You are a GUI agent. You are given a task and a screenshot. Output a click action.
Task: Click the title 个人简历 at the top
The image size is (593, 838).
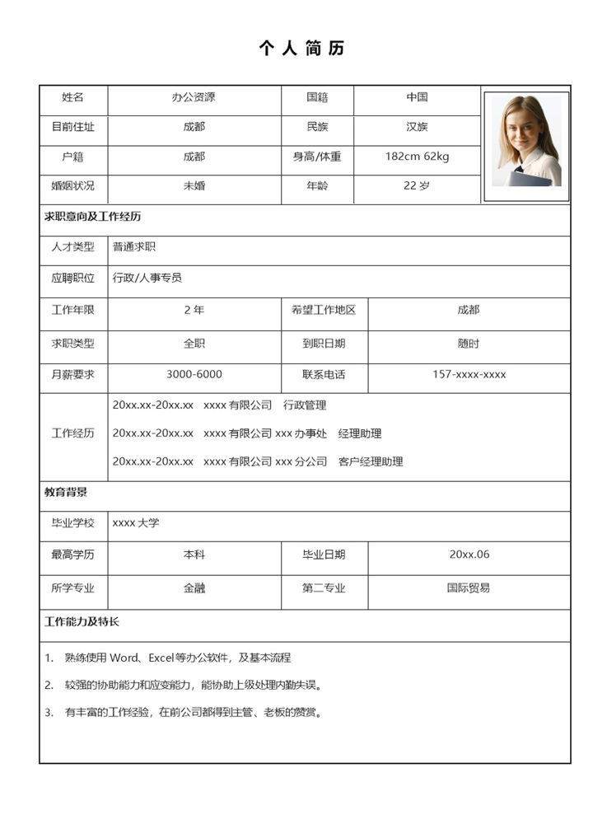click(x=301, y=48)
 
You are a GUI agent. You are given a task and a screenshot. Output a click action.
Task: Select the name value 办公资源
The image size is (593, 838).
click(x=194, y=97)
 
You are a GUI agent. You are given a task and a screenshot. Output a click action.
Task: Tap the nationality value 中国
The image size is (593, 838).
click(x=417, y=97)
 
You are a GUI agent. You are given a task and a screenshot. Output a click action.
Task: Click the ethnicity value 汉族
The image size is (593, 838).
click(x=417, y=127)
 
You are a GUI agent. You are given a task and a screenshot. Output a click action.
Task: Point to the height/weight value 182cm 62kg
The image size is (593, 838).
click(x=417, y=157)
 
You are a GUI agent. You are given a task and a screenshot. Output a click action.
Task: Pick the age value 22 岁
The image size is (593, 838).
click(x=417, y=185)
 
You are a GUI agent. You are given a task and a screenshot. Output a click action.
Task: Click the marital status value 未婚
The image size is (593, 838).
click(x=194, y=185)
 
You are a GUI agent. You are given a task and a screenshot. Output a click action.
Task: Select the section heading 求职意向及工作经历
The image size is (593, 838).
click(x=92, y=217)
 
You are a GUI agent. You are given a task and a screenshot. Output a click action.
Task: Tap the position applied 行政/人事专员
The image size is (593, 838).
click(x=147, y=278)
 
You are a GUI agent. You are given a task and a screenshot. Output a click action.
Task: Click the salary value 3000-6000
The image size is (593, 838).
click(x=194, y=374)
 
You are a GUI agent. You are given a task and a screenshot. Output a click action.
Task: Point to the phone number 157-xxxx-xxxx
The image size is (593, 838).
click(x=469, y=374)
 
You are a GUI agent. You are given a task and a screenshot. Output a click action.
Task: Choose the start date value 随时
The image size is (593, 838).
click(x=469, y=343)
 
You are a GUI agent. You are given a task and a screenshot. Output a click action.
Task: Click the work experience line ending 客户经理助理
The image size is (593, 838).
click(x=258, y=461)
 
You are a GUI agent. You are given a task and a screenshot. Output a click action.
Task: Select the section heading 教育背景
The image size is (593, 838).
click(x=66, y=492)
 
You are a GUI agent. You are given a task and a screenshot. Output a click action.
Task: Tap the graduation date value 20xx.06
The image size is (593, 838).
click(x=469, y=555)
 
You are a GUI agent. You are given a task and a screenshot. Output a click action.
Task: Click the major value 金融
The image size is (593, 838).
click(x=194, y=588)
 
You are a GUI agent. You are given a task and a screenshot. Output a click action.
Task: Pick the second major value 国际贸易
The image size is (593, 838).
click(x=469, y=588)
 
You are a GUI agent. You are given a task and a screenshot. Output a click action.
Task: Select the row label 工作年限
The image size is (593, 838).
click(x=73, y=310)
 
